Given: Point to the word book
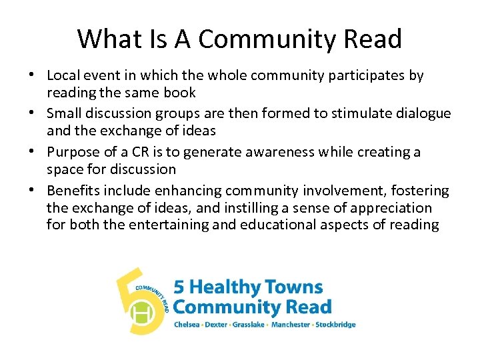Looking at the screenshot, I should (x=178, y=93).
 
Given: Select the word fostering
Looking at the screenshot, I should (x=421, y=191).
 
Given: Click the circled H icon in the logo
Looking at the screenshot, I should (x=141, y=312).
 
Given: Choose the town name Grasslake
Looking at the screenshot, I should (x=247, y=325).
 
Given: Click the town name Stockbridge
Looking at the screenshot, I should (x=336, y=325).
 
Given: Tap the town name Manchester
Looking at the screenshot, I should (x=290, y=325).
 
